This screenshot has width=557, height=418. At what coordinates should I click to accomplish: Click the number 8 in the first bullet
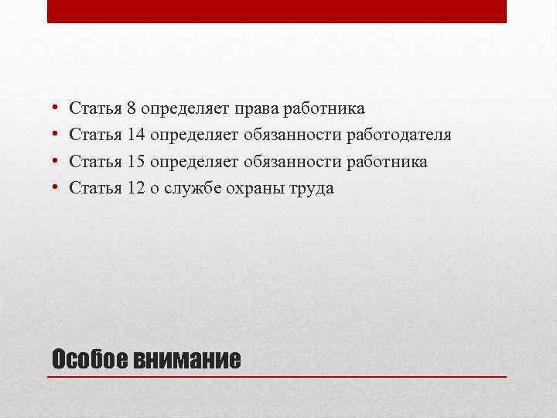(x=132, y=108)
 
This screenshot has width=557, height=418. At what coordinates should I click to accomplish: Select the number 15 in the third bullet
(x=136, y=161)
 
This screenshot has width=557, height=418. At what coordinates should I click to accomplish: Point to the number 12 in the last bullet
(x=136, y=187)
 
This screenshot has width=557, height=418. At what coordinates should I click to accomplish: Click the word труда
(x=312, y=187)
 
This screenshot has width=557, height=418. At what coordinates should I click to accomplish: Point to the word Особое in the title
(x=89, y=360)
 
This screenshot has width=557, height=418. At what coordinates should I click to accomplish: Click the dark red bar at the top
(x=277, y=11)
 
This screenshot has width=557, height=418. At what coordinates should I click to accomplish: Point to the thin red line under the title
(x=277, y=376)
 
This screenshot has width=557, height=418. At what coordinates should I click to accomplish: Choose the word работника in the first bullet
(x=325, y=108)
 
